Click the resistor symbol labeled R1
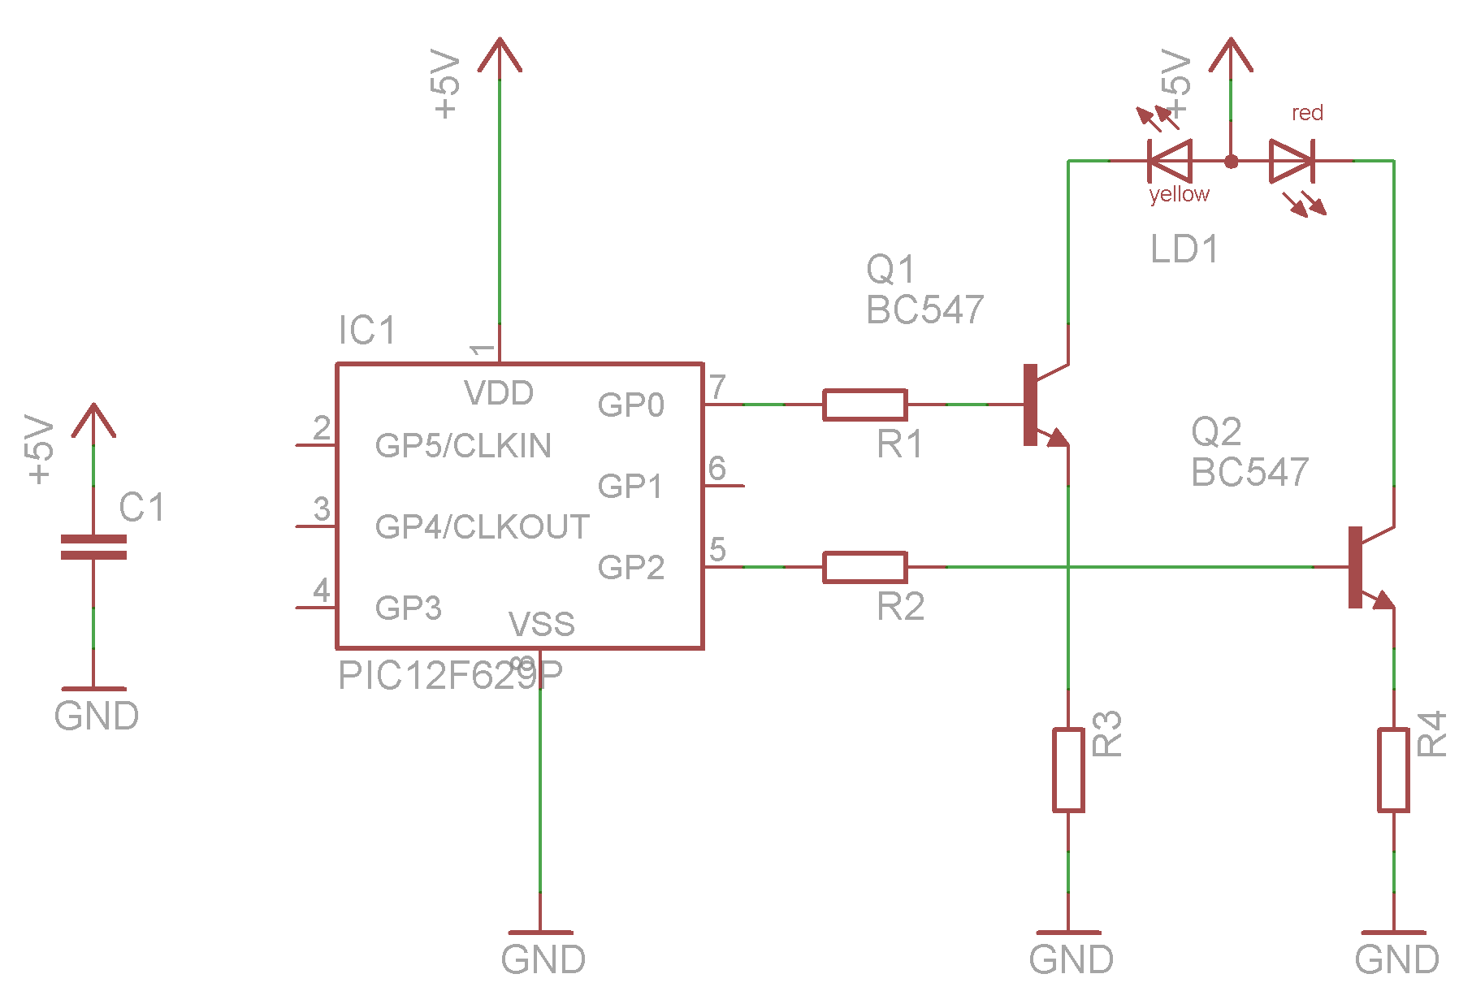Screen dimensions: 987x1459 864,405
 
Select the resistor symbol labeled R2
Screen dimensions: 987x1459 864,567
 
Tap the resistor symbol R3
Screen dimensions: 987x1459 1068,770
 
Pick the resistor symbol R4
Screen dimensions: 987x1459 1393,770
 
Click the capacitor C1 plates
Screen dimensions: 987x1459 93,547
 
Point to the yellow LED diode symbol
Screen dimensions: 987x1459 1170,161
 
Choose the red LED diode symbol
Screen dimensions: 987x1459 1292,161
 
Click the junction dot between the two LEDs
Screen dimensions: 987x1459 1231,162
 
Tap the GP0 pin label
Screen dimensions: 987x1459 630,405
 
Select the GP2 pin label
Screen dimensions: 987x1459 630,567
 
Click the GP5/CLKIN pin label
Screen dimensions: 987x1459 463,445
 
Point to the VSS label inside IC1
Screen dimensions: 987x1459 541,624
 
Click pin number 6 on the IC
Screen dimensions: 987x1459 717,468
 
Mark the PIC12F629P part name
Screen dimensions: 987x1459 450,676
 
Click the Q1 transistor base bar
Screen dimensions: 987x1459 1030,405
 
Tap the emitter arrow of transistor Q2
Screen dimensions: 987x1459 1380,600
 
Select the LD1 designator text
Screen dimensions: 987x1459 1184,249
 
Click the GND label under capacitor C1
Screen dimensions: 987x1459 97,716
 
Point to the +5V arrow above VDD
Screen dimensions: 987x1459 500,55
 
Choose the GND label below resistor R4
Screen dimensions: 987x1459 1396,959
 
